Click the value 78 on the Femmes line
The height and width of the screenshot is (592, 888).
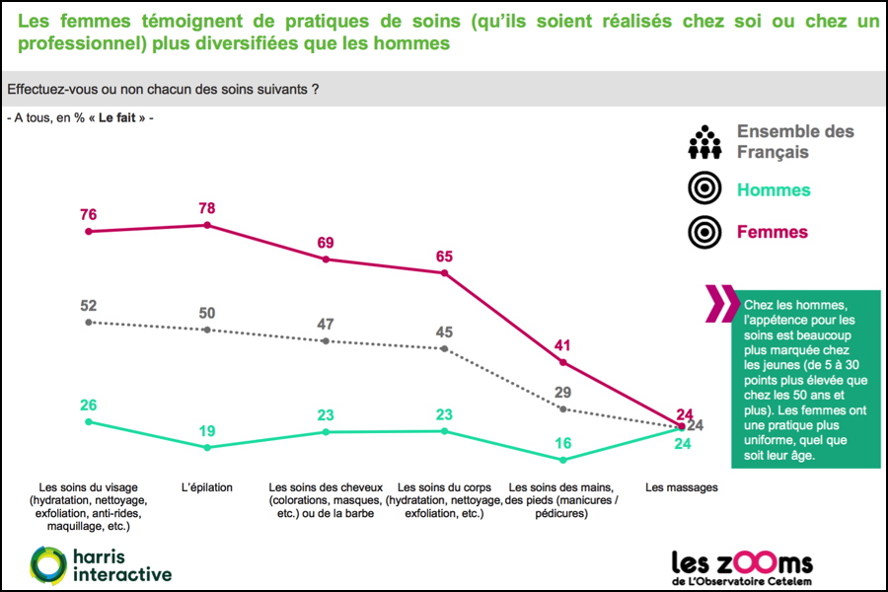206,208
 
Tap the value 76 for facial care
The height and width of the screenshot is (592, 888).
89,215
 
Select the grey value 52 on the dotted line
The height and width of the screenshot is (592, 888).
89,306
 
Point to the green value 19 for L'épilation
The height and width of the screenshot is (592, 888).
206,431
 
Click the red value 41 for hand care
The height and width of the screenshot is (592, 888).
562,346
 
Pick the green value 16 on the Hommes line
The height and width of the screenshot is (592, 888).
562,443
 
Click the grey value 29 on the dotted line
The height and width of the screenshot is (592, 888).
562,393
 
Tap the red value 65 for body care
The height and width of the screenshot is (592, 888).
444,257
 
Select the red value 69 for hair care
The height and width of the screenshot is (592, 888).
326,243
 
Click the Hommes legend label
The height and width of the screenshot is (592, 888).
774,190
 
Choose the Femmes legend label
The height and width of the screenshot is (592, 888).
773,233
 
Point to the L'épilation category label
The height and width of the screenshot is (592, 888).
206,487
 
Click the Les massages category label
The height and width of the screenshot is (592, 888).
681,487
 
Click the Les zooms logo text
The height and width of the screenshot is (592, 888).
742,562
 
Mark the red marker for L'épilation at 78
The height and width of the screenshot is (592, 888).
207,225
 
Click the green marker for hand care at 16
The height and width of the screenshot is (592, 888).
562,460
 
